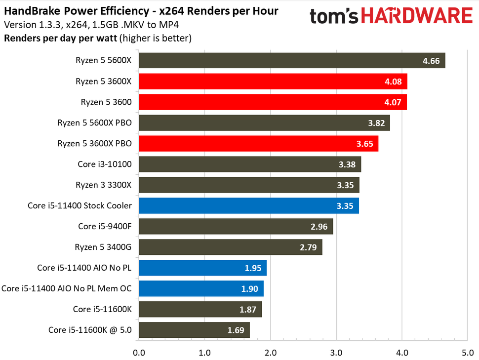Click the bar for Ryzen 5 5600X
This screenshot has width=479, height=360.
click(x=291, y=61)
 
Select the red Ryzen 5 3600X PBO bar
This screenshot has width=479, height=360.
click(x=258, y=144)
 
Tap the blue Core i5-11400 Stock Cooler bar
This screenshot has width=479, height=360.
click(x=248, y=206)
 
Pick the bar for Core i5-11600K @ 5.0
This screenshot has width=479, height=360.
click(x=194, y=330)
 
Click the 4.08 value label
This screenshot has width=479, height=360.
click(x=394, y=81)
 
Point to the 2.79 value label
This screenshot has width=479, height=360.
click(x=309, y=247)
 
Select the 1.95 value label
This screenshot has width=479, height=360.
click(x=253, y=268)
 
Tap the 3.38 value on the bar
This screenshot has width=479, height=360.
click(x=348, y=164)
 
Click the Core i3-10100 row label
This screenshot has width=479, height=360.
click(x=105, y=164)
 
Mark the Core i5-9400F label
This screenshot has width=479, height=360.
click(x=105, y=227)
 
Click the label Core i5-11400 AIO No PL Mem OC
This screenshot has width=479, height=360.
click(x=67, y=289)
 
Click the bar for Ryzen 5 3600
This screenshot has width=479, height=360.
click(x=273, y=102)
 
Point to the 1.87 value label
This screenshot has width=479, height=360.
click(x=248, y=310)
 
